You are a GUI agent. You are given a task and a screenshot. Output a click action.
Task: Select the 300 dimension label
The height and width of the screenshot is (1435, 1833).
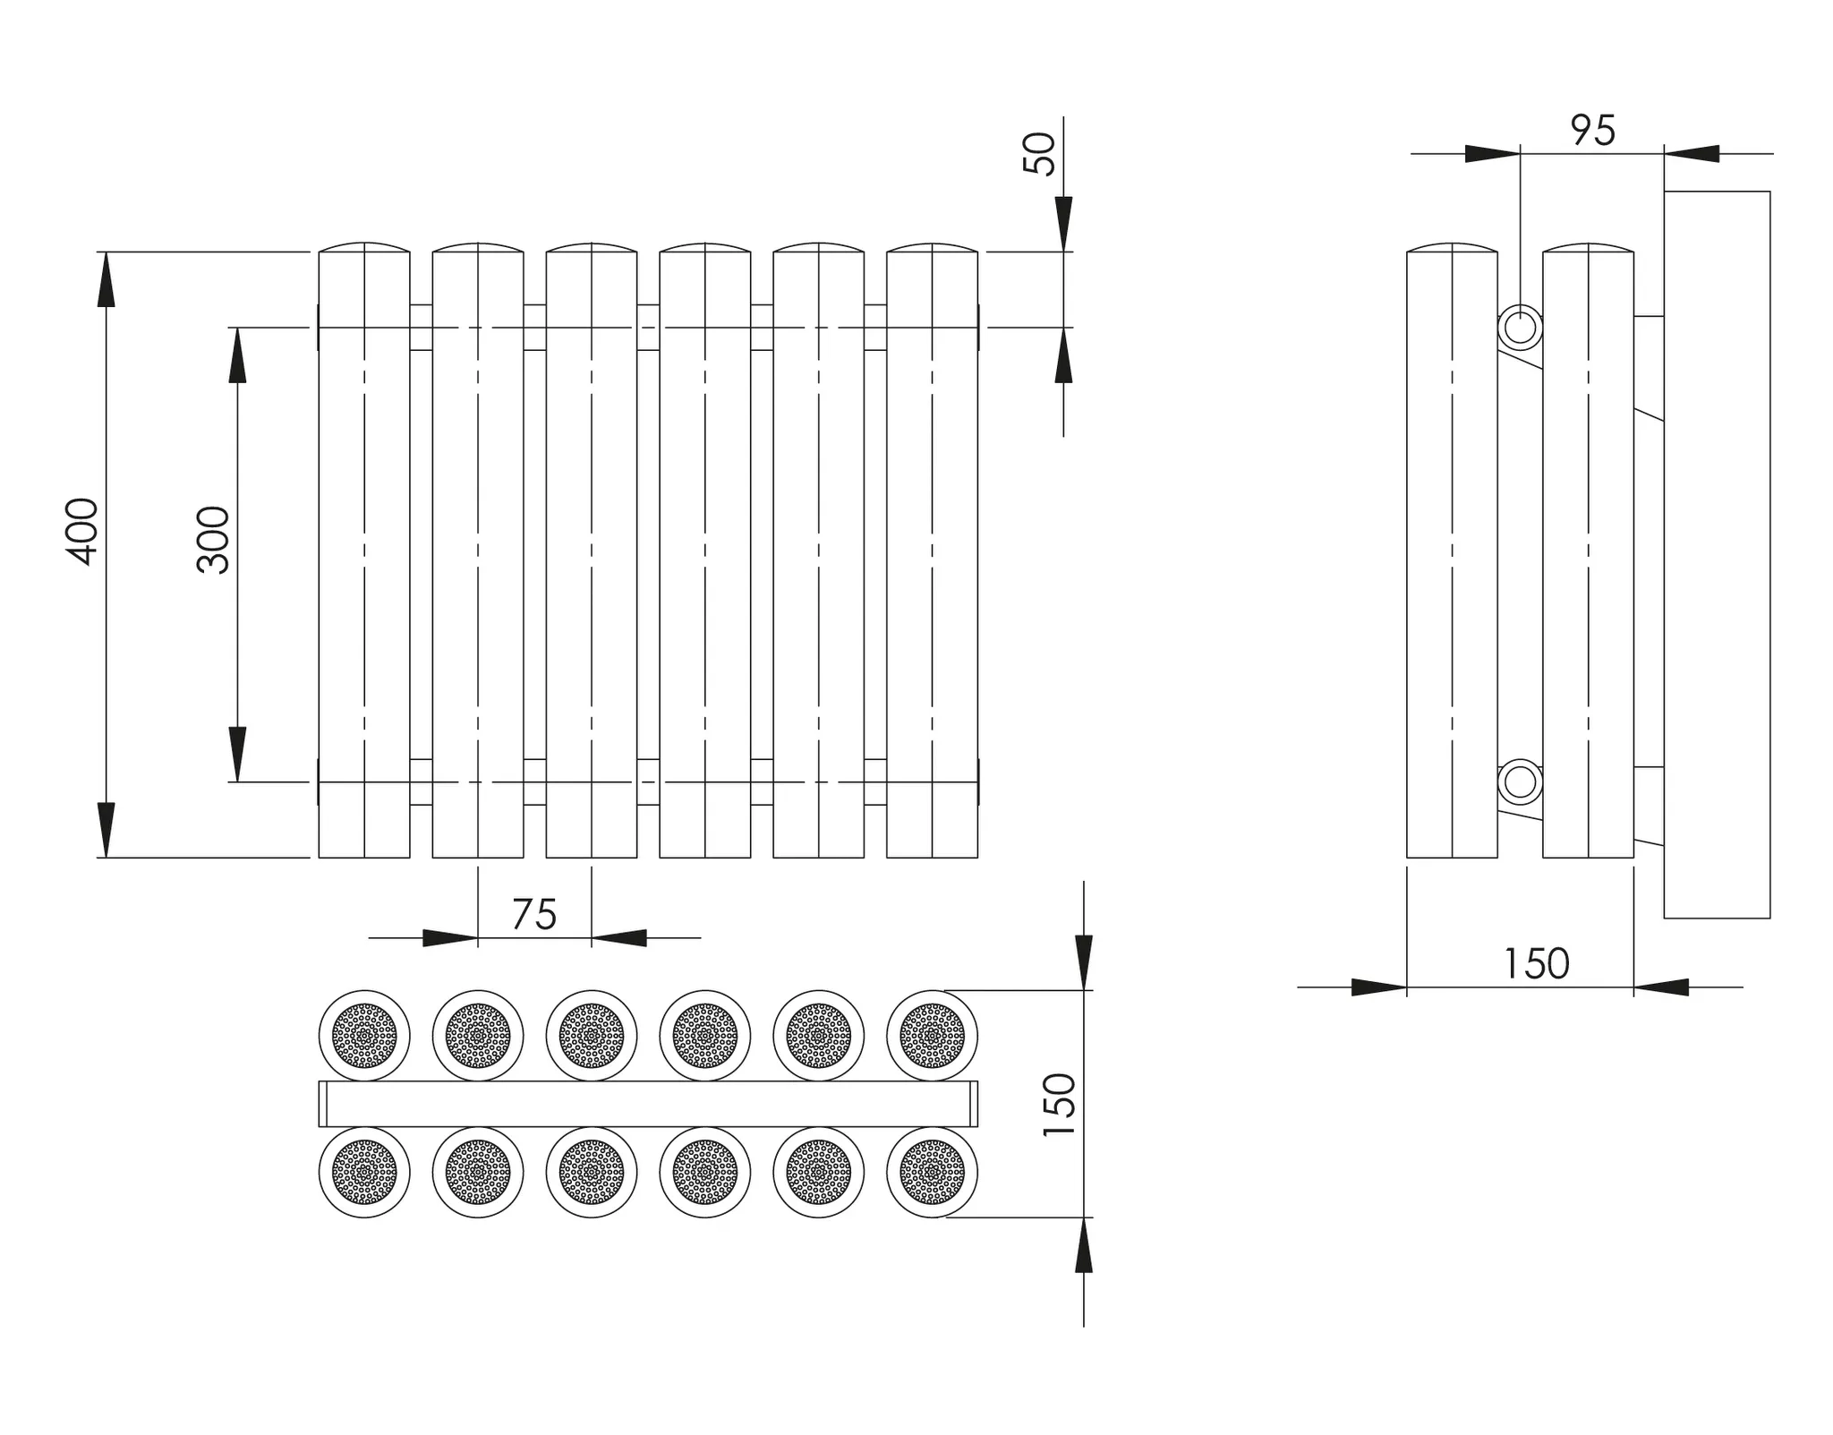point(214,540)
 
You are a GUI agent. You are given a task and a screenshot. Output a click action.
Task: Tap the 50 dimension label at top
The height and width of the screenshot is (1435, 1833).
point(1039,154)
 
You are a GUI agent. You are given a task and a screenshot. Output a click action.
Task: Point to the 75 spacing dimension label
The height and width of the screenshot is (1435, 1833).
point(534,914)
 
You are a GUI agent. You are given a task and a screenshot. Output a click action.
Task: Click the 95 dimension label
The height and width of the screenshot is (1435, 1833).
point(1593,131)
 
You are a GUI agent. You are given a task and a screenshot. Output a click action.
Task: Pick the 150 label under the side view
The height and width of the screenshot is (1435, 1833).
point(1537,964)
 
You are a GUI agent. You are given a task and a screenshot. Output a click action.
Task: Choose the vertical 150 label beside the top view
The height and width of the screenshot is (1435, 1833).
point(1060,1105)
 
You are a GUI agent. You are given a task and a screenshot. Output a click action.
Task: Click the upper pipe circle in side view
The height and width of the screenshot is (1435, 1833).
point(1520,328)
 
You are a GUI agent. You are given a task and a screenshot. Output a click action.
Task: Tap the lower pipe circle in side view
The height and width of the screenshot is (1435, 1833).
point(1520,782)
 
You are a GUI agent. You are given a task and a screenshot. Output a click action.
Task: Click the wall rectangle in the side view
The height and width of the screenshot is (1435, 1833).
point(1717,554)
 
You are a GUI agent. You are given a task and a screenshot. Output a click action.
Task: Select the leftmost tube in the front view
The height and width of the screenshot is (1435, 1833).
point(364,550)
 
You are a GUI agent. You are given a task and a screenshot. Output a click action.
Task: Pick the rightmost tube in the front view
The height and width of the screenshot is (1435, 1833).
point(932,550)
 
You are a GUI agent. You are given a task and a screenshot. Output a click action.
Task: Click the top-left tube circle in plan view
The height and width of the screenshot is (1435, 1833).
point(364,1036)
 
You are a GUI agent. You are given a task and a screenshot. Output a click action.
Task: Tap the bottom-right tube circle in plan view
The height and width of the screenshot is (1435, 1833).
point(932,1172)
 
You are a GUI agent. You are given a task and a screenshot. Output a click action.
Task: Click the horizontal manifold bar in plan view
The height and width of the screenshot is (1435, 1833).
point(648,1104)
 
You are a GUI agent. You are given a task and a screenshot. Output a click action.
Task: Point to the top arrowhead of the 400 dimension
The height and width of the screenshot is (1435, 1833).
point(107,279)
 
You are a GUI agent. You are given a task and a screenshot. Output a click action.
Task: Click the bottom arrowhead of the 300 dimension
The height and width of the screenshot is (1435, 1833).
point(237,754)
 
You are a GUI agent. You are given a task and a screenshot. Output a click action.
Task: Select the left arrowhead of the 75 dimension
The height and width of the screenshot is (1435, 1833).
point(450,938)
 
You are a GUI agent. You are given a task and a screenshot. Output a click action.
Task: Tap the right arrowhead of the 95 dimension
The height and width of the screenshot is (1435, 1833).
point(1692,154)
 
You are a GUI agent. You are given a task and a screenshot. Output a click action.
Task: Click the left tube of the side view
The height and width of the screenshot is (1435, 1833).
point(1452,550)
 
